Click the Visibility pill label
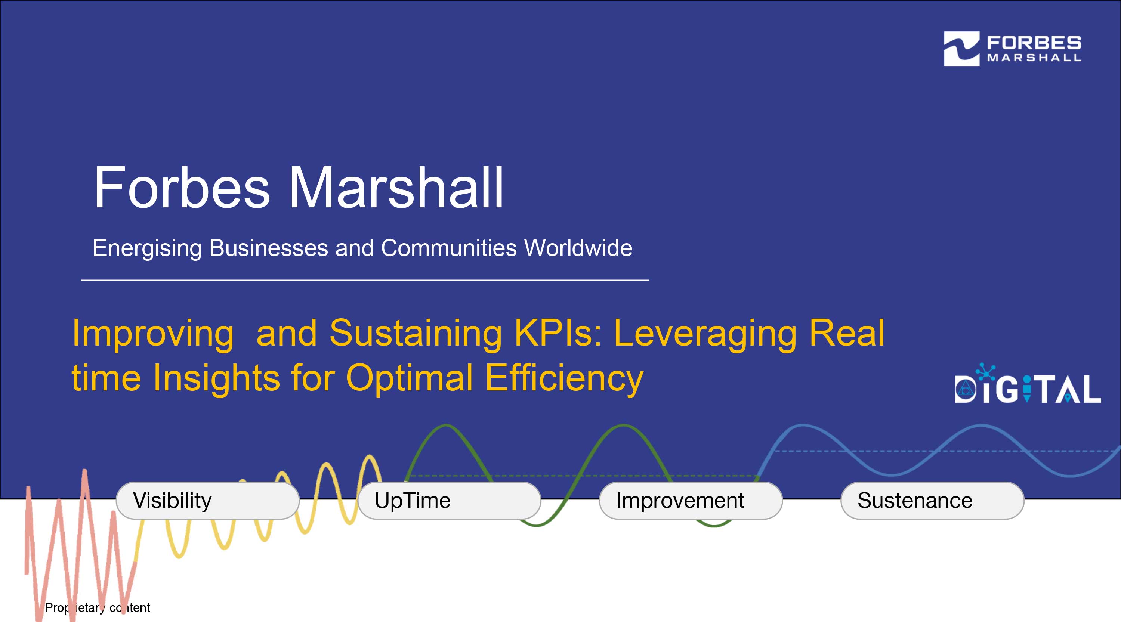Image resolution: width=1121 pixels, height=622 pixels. click(208, 500)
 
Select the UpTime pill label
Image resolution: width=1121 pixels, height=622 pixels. click(449, 500)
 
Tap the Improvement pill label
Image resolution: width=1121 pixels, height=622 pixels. click(691, 500)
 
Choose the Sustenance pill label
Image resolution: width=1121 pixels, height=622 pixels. click(932, 500)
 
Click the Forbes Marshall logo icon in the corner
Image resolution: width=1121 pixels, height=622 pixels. click(961, 49)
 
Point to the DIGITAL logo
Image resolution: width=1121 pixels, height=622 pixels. click(1028, 384)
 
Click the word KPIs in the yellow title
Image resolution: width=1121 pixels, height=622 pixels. click(558, 333)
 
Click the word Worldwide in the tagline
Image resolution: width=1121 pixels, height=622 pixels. click(578, 248)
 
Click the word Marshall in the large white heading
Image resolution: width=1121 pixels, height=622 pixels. click(396, 188)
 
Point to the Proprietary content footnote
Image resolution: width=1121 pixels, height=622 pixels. click(98, 608)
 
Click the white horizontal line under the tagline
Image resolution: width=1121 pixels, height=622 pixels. click(365, 280)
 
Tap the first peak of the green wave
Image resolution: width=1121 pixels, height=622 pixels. click(446, 426)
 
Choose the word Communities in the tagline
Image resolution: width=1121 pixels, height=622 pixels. click(449, 248)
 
